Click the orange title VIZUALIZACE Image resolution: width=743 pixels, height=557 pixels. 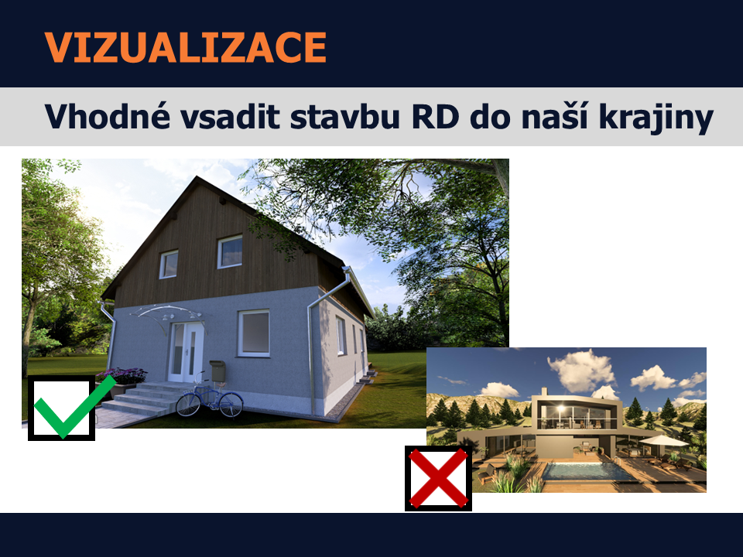pyautogui.click(x=185, y=47)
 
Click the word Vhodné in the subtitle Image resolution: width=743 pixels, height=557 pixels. pyautogui.click(x=107, y=116)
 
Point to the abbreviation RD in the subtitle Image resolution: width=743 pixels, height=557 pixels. pyautogui.click(x=435, y=117)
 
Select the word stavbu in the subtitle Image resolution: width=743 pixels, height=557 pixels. pyautogui.click(x=345, y=117)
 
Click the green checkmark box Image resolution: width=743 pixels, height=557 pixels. pyautogui.click(x=62, y=408)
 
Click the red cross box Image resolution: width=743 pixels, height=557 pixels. pyautogui.click(x=438, y=478)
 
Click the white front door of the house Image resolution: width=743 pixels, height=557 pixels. pyautogui.click(x=187, y=351)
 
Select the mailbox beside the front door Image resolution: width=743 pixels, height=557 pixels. pyautogui.click(x=217, y=371)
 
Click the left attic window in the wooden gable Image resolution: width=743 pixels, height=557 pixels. pyautogui.click(x=169, y=264)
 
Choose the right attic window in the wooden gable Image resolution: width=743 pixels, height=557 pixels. pyautogui.click(x=230, y=251)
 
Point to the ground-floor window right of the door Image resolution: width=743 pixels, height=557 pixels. pyautogui.click(x=254, y=333)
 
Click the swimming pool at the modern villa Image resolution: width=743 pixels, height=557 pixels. pyautogui.click(x=587, y=472)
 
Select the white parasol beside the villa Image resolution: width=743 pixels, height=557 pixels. pyautogui.click(x=663, y=441)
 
